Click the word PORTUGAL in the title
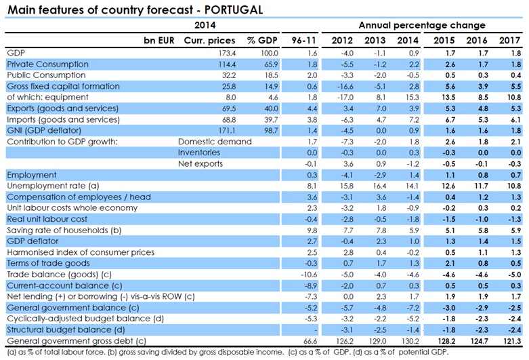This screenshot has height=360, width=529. [x=230, y=9]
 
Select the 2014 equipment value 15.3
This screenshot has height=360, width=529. [x=408, y=97]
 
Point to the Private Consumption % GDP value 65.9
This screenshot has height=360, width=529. [x=257, y=64]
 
